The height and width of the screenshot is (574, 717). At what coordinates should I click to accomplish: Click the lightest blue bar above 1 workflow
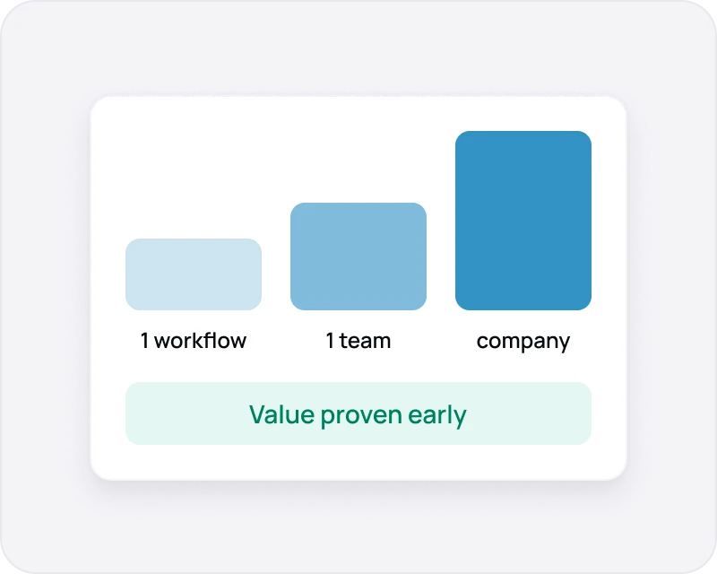click(194, 274)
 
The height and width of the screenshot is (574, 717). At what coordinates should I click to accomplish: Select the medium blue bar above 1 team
click(358, 257)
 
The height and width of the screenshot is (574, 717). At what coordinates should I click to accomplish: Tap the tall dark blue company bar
click(523, 221)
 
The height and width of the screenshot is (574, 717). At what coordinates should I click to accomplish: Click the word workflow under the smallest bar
click(200, 341)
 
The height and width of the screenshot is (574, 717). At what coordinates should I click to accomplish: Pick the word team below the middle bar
click(365, 341)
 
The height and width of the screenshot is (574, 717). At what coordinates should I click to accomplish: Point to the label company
click(523, 343)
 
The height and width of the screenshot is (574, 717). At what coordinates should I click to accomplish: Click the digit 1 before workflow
click(144, 341)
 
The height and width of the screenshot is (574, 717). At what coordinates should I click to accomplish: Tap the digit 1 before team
click(330, 341)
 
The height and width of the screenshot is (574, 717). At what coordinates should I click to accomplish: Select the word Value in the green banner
click(281, 414)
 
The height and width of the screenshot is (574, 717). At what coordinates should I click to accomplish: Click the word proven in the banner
click(362, 416)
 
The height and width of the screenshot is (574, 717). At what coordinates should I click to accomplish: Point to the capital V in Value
click(258, 414)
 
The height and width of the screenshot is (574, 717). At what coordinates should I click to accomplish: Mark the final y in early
click(459, 419)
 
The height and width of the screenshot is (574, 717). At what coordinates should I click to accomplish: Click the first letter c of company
click(482, 342)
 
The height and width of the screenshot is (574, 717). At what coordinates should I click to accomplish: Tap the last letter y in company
click(564, 344)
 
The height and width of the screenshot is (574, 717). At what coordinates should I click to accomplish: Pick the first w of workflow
click(163, 342)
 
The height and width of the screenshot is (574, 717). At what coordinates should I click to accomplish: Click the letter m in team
click(381, 342)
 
